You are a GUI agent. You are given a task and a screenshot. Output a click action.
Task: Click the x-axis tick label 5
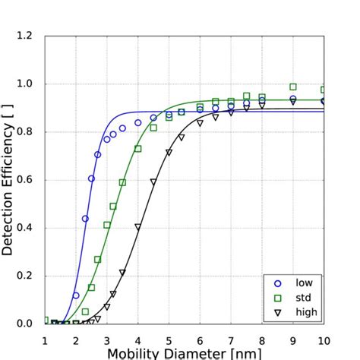(169, 339)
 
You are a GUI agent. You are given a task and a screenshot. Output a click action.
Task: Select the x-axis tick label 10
(324, 339)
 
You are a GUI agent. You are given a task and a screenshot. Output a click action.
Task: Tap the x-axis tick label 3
(107, 339)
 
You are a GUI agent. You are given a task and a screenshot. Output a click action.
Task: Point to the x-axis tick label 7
(231, 339)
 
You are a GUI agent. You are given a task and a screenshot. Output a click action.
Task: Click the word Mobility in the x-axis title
(132, 353)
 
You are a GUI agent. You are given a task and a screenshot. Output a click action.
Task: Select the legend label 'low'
(304, 283)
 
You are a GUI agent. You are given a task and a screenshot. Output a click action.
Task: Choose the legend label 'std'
(304, 297)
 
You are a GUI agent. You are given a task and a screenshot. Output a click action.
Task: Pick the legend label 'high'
(306, 311)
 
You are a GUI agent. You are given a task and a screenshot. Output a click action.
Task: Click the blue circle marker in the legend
(277, 283)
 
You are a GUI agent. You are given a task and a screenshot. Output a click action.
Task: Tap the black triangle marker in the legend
(277, 311)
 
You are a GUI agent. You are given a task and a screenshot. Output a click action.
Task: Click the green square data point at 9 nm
(293, 87)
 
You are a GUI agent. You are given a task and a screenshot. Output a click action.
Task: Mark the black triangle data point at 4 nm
(137, 226)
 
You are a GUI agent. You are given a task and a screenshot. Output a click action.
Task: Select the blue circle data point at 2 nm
(76, 295)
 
